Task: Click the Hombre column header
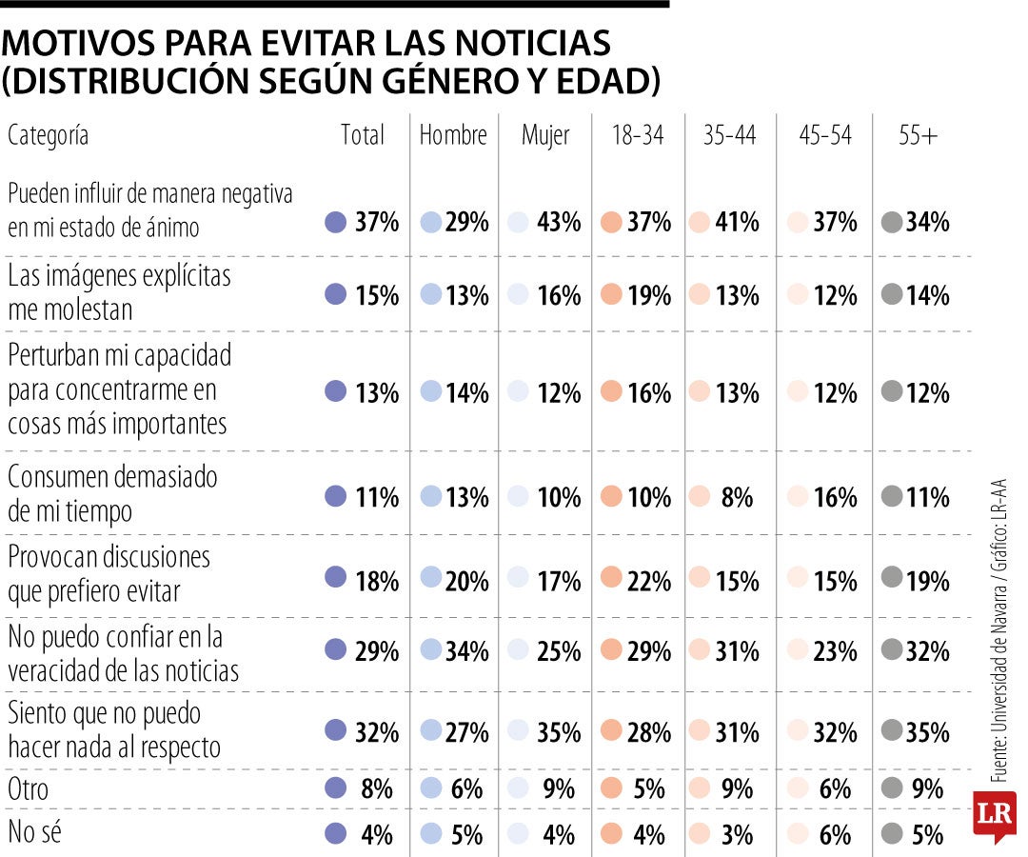[453, 136]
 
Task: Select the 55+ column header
[918, 136]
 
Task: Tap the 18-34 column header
[638, 136]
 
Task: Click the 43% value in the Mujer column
[558, 223]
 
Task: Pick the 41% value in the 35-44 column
[737, 223]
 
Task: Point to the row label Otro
[28, 789]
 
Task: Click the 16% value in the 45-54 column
[836, 497]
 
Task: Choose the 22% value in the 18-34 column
[649, 580]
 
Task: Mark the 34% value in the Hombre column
[466, 652]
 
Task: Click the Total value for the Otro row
[377, 789]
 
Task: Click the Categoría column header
[48, 136]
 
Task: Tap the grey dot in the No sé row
[891, 833]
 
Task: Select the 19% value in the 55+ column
[927, 580]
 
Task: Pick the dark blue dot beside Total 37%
[335, 223]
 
